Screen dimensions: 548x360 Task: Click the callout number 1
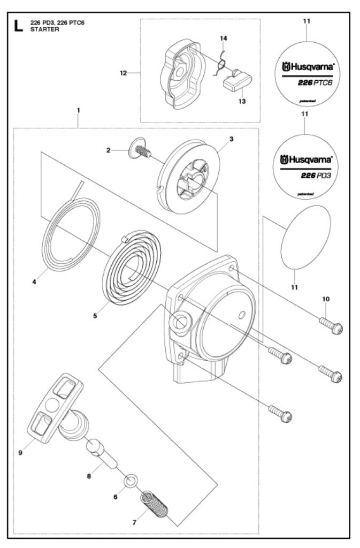point(78,110)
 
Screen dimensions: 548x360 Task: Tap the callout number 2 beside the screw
point(108,151)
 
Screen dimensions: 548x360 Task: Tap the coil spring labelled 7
point(156,506)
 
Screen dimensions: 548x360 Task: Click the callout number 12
point(123,73)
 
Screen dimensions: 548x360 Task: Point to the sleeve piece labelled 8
point(102,452)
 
